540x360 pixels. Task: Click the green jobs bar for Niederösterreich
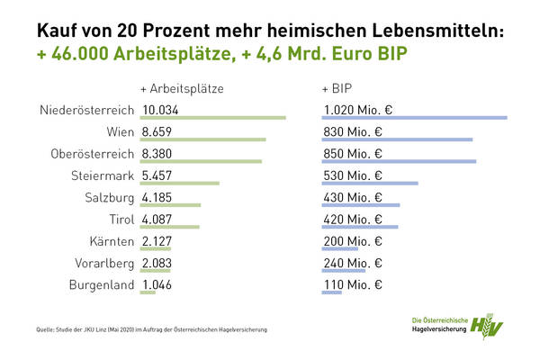coord(213,118)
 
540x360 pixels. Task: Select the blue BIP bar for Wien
coord(397,139)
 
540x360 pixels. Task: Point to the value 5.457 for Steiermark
coord(157,175)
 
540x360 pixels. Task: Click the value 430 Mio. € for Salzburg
coord(353,197)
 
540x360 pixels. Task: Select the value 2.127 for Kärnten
coord(157,241)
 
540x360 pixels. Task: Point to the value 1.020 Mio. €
coord(358,110)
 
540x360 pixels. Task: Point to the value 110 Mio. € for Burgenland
coord(352,285)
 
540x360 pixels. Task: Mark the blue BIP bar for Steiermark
coord(370,184)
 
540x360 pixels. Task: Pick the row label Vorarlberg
coord(101,263)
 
